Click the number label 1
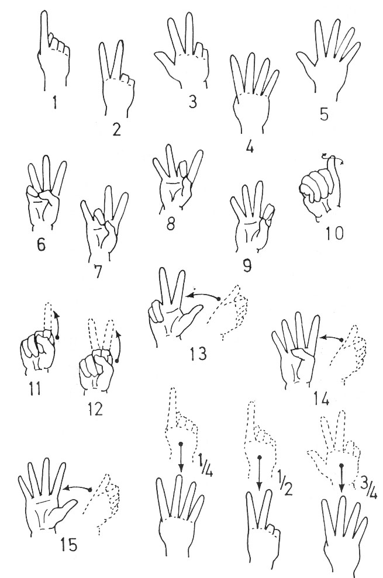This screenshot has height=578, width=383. pyautogui.click(x=54, y=102)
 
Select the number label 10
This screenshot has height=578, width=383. pyautogui.click(x=334, y=233)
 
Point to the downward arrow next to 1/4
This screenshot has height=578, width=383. pyautogui.click(x=181, y=457)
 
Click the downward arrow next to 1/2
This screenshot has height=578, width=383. pyautogui.click(x=260, y=472)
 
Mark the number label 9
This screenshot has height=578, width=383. pyautogui.click(x=247, y=265)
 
